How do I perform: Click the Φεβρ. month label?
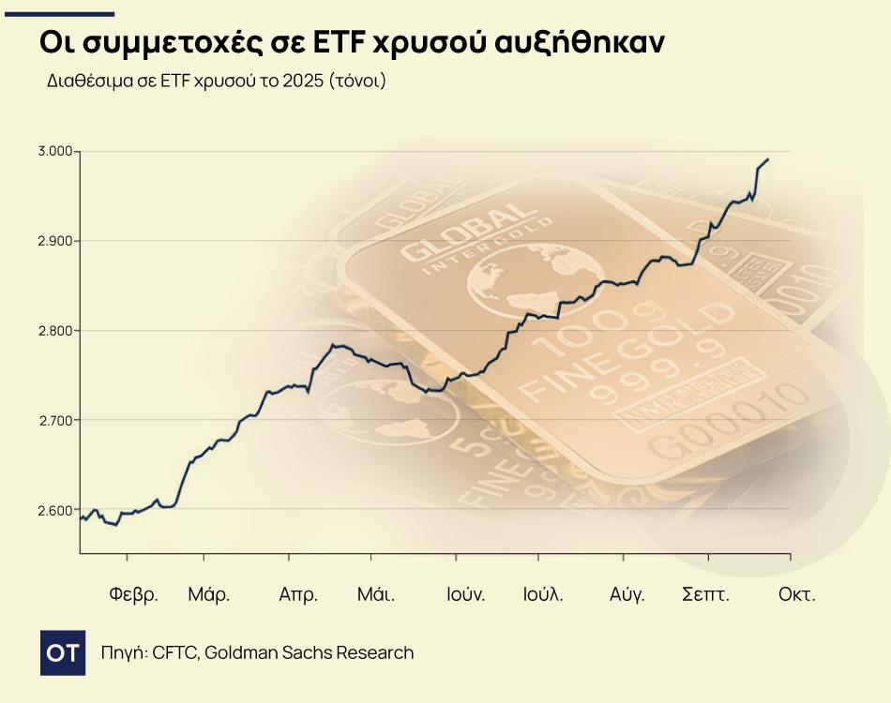(133, 594)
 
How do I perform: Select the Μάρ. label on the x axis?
(208, 594)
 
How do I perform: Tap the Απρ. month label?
(298, 594)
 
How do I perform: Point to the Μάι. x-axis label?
(375, 594)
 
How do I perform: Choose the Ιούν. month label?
(465, 594)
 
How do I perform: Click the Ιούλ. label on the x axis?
(543, 594)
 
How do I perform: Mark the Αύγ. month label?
(627, 594)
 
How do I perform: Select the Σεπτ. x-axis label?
(705, 594)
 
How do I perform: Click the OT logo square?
(65, 652)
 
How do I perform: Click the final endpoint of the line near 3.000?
(768, 159)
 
